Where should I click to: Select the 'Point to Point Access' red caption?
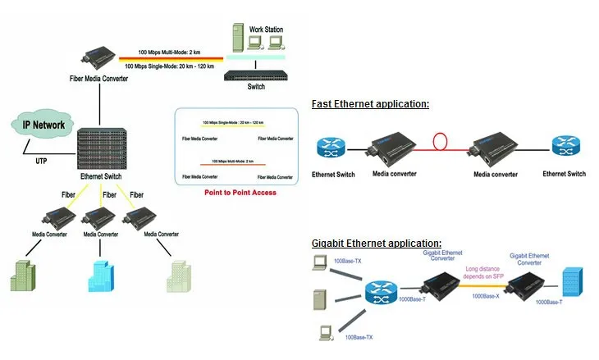click(x=240, y=193)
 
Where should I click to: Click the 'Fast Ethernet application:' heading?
click(x=370, y=104)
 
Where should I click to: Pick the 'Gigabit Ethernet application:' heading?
click(x=377, y=244)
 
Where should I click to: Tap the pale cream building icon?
click(x=179, y=276)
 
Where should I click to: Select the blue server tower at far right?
click(x=571, y=283)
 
